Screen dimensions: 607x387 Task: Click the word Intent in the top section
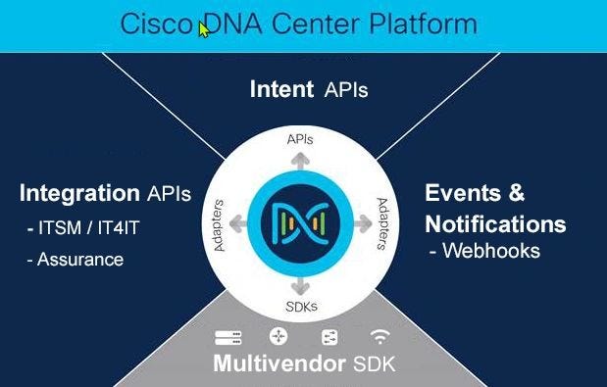[281, 89]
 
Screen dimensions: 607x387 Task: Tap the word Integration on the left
[79, 193]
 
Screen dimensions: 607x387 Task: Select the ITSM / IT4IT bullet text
[83, 227]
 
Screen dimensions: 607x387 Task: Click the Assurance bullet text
[76, 260]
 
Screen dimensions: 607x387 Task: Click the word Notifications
[495, 223]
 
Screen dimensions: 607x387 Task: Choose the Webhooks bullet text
[485, 251]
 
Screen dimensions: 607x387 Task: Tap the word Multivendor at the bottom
[279, 363]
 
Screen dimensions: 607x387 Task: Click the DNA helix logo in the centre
[300, 223]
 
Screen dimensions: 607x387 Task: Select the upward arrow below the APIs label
[300, 162]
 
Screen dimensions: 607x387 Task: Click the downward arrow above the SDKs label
[300, 286]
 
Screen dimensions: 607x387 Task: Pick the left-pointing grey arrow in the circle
[238, 223]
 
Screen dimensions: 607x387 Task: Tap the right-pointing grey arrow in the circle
[363, 223]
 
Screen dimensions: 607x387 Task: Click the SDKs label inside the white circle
[302, 307]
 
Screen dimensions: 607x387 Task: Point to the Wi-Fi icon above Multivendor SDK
[379, 336]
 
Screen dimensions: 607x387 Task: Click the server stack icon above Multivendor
[228, 337]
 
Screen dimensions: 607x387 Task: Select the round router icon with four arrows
[278, 336]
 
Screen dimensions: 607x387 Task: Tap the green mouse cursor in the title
[204, 29]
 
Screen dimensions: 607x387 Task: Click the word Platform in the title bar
[423, 24]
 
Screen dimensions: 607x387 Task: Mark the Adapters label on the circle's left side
[219, 225]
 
